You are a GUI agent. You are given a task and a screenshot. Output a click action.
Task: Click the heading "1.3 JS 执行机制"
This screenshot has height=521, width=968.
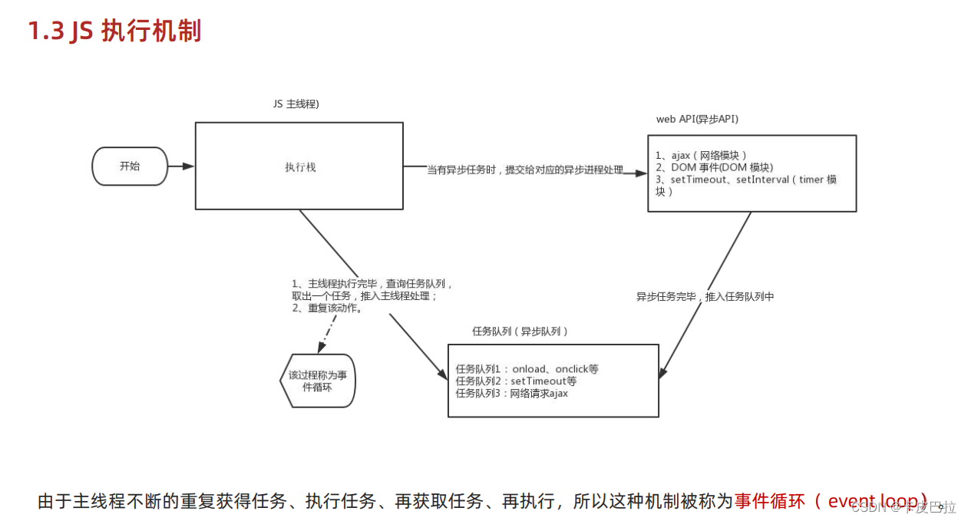pos(115,31)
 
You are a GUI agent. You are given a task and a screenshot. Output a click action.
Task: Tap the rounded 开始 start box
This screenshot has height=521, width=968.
pos(130,167)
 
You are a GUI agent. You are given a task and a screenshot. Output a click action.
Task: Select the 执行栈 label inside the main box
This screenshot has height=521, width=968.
pos(299,167)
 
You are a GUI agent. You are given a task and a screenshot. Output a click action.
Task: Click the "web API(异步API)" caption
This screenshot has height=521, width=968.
pos(697,119)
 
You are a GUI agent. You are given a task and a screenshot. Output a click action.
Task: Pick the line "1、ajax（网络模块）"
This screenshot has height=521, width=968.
pos(701,155)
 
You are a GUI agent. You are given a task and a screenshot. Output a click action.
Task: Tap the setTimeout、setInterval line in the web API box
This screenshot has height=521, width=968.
pos(745,180)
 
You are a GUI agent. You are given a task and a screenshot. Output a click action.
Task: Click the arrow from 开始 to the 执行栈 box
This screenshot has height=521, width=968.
pos(181,167)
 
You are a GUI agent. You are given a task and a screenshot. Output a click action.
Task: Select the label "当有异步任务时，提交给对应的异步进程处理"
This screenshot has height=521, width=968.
pos(525,170)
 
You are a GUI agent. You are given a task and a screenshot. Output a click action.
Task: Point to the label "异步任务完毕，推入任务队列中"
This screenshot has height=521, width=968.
pos(705,296)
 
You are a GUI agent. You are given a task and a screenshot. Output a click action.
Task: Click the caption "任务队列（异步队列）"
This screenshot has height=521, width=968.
pos(520,331)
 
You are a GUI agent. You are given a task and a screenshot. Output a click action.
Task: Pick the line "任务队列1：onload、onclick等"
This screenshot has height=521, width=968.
pos(527,369)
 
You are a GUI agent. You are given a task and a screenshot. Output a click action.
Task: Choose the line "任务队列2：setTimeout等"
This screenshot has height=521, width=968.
pos(516,381)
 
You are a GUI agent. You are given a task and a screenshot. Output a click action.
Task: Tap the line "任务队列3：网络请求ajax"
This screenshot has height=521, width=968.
pos(511,394)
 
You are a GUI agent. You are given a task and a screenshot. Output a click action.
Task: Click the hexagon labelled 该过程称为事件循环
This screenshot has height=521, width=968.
pos(317,381)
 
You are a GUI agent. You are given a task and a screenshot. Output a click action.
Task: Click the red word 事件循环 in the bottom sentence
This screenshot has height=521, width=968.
pos(768,501)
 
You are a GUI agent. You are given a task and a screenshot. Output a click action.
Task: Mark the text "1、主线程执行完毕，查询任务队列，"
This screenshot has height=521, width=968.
pos(373,284)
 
